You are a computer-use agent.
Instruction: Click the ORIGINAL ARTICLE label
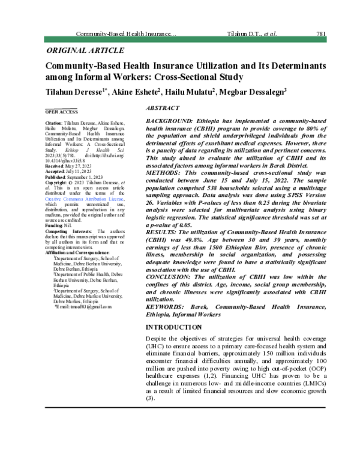[x=85, y=50]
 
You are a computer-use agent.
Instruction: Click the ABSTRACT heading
[x=163, y=108]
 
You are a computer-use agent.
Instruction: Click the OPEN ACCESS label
[x=62, y=112]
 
